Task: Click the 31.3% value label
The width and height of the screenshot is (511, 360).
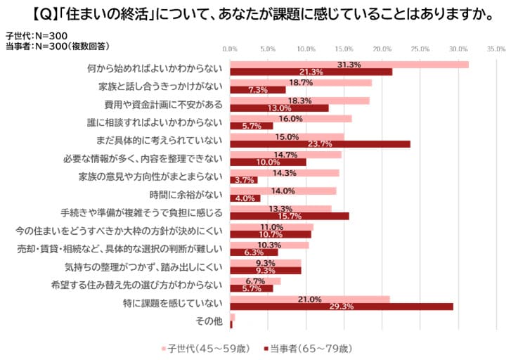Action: click(x=349, y=65)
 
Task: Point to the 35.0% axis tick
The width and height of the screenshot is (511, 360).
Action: click(x=496, y=50)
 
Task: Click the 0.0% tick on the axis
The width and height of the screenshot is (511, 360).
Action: click(x=230, y=50)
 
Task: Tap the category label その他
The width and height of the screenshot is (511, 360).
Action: click(x=209, y=321)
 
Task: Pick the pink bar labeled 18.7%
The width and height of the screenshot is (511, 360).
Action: click(x=301, y=82)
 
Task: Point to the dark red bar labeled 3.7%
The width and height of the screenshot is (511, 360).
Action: click(x=243, y=180)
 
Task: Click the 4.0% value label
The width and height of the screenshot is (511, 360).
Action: click(x=245, y=198)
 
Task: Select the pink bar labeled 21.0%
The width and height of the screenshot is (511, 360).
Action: click(x=310, y=299)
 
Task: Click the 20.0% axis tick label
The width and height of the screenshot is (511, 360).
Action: click(x=382, y=50)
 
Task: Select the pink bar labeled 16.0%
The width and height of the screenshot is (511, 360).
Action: click(x=291, y=118)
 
